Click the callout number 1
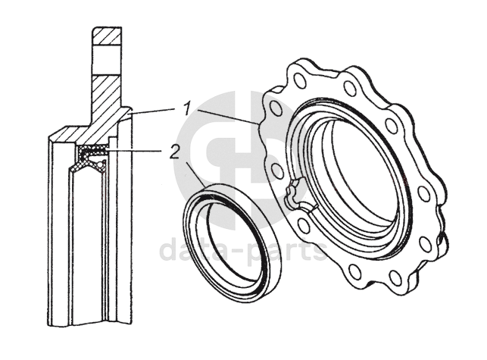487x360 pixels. [x=186, y=109]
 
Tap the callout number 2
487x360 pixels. [x=174, y=152]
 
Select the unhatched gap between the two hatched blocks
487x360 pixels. [x=105, y=59]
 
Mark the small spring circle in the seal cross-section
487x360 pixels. [x=99, y=162]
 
